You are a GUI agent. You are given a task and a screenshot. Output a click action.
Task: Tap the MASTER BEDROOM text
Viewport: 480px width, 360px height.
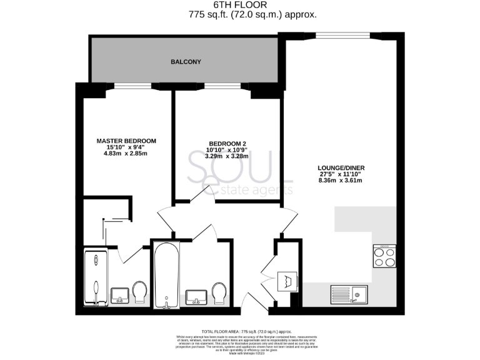[x=126, y=141]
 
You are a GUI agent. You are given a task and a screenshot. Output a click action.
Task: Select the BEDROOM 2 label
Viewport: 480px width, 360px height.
[x=226, y=144]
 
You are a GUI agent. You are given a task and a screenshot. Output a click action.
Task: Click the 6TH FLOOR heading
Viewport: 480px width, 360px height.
[x=239, y=5]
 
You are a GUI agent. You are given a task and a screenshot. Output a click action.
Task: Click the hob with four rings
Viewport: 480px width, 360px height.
[x=384, y=256]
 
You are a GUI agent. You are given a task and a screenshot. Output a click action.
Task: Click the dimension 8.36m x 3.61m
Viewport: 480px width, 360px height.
[x=341, y=181]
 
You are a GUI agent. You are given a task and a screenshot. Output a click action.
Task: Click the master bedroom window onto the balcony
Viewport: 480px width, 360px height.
[x=132, y=85]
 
